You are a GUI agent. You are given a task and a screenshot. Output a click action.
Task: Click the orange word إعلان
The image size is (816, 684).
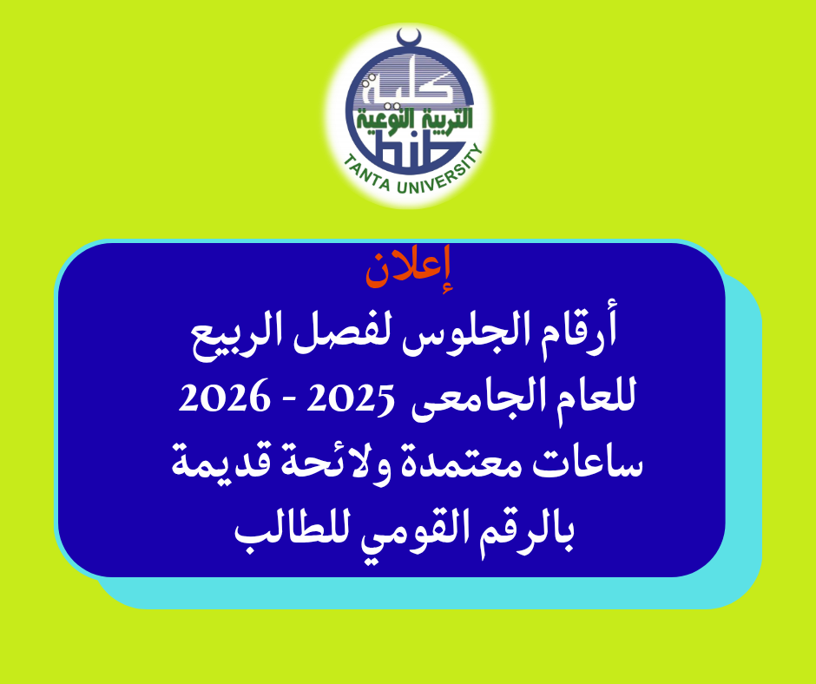pos(409,269)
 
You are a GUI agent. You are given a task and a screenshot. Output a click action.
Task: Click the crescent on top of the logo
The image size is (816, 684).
pos(409,38)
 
